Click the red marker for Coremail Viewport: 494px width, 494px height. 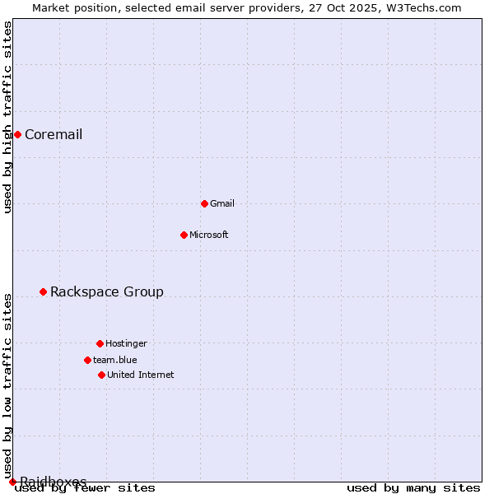pyautogui.click(x=17, y=134)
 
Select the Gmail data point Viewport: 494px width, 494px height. pyautogui.click(x=204, y=203)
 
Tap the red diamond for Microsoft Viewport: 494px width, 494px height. pyautogui.click(x=184, y=235)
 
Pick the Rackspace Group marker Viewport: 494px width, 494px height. pyautogui.click(x=43, y=291)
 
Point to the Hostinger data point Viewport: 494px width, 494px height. pyautogui.click(x=100, y=343)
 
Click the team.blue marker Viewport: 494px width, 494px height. pyautogui.click(x=87, y=360)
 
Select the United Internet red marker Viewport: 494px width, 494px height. pyautogui.click(x=101, y=375)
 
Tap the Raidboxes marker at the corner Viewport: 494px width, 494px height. pyautogui.click(x=12, y=482)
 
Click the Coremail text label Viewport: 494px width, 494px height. pyautogui.click(x=54, y=135)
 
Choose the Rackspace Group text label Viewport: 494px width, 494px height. pyautogui.click(x=107, y=292)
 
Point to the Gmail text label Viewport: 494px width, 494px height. pyautogui.click(x=222, y=204)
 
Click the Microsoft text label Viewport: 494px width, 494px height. pyautogui.click(x=209, y=235)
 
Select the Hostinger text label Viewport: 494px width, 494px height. pyautogui.click(x=126, y=344)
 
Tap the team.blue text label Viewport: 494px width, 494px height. pyautogui.click(x=115, y=361)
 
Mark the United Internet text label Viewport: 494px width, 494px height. pyautogui.click(x=141, y=375)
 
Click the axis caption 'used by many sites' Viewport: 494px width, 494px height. pyautogui.click(x=413, y=488)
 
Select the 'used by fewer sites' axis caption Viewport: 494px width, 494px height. pyautogui.click(x=86, y=488)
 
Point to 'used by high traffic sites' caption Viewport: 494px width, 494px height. pyautogui.click(x=8, y=117)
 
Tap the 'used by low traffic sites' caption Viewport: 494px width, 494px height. pyautogui.click(x=8, y=385)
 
